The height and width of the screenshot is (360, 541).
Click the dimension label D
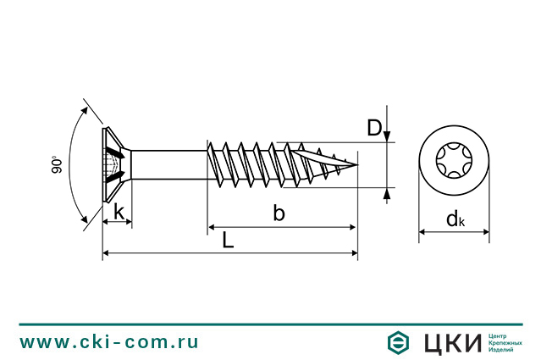[x=373, y=128]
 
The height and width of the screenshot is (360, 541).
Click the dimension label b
[x=279, y=213]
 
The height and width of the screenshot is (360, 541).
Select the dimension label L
[x=228, y=241]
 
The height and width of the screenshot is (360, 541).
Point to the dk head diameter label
[x=455, y=220]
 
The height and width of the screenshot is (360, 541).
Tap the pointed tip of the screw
[x=356, y=164]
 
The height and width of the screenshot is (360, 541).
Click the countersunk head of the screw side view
[x=114, y=165]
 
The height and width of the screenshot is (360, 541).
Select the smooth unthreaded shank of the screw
[x=169, y=164]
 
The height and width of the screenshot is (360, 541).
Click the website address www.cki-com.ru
[x=109, y=342]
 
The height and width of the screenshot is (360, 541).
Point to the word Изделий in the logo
[x=505, y=351]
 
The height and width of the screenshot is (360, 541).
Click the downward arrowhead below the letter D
[x=387, y=136]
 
